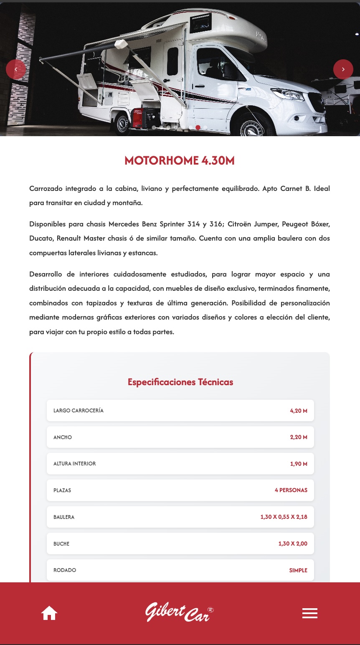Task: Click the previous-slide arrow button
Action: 16,69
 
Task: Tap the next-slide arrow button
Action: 343,69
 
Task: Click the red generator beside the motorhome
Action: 142,118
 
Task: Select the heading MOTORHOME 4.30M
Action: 180,161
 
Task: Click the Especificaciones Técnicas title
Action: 180,382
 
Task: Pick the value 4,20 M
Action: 299,411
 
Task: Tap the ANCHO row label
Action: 63,437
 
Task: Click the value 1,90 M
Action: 299,464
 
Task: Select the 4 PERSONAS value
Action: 291,490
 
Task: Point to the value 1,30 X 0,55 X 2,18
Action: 284,517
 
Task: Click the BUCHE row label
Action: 61,543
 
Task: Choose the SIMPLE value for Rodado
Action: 298,570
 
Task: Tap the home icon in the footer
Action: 49,613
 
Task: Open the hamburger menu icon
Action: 309,613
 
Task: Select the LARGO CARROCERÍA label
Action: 79,411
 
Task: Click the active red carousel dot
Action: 198,127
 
